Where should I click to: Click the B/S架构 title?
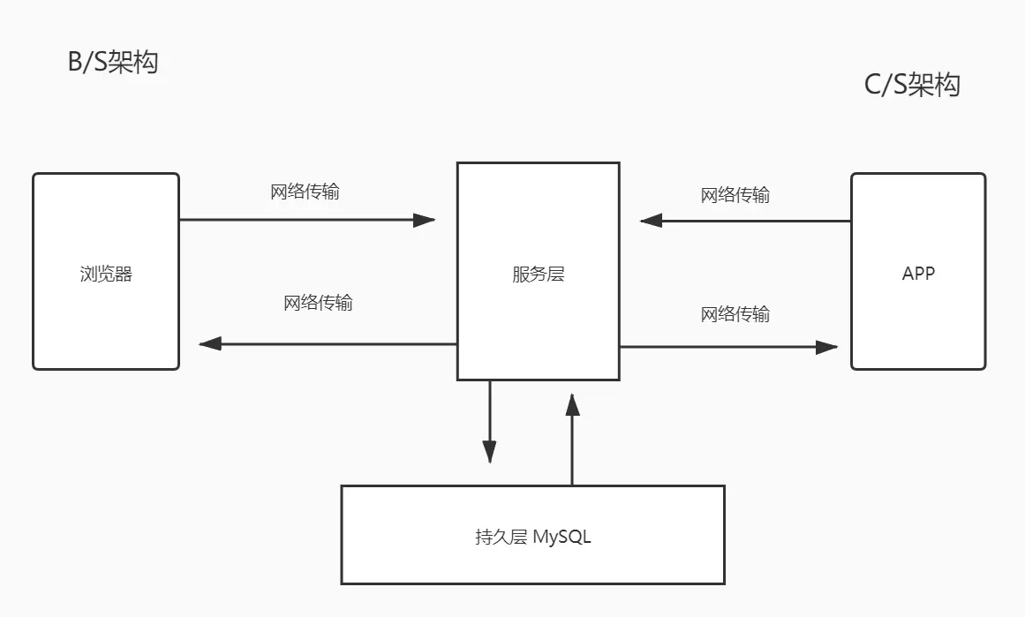(x=113, y=63)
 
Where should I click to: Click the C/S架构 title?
(x=912, y=85)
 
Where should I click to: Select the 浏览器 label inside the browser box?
(x=106, y=274)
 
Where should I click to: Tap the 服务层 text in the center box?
(x=538, y=274)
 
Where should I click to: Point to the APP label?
(x=918, y=273)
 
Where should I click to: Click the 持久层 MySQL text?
(x=532, y=536)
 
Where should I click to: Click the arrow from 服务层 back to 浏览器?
(x=327, y=343)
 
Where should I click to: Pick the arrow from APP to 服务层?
(x=745, y=220)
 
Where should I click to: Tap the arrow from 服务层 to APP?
(x=727, y=347)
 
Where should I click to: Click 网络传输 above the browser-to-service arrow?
(x=305, y=192)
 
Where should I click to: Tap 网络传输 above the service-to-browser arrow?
(x=318, y=303)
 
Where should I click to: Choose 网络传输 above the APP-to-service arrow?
(x=735, y=195)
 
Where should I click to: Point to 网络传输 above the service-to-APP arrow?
(x=735, y=314)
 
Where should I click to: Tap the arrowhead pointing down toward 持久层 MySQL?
(x=489, y=452)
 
